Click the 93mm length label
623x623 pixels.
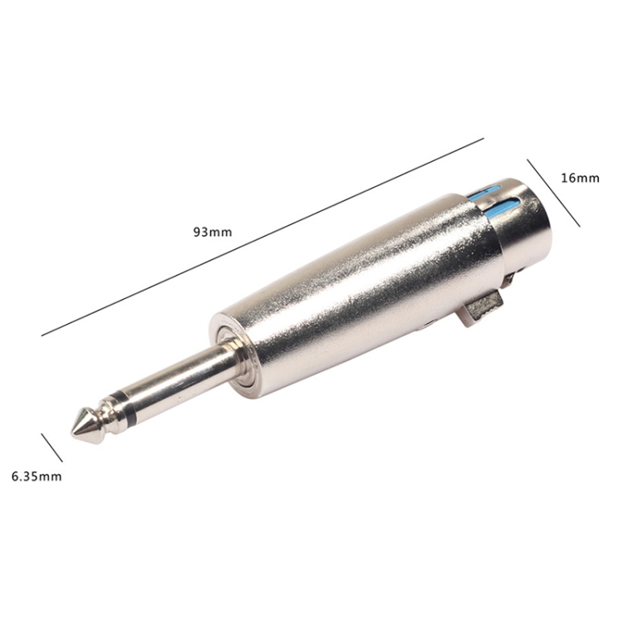point(212,232)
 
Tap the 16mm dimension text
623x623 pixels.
point(580,178)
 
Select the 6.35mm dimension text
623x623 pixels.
point(37,476)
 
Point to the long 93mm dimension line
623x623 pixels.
point(262,238)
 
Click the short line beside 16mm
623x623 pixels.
point(553,193)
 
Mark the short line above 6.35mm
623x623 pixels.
point(52,448)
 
